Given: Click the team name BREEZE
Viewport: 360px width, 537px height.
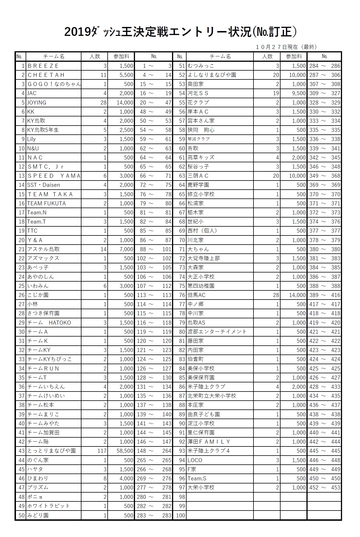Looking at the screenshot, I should pyautogui.click(x=43, y=66).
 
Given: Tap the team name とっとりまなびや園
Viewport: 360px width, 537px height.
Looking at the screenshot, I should pyautogui.click(x=52, y=451).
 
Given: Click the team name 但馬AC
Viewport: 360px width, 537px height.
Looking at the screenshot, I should pyautogui.click(x=197, y=295).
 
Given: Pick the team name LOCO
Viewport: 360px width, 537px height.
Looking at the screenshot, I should pyautogui.click(x=195, y=460).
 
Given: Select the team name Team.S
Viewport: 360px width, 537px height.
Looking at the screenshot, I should pyautogui.click(x=197, y=478).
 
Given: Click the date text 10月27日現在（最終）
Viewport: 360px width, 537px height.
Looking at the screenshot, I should pyautogui.click(x=286, y=47).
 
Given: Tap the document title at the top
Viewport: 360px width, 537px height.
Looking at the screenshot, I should pyautogui.click(x=181, y=32).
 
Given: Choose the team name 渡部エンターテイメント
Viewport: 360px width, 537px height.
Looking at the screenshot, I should pyautogui.click(x=217, y=332).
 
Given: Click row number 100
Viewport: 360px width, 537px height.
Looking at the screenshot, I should pyautogui.click(x=181, y=515).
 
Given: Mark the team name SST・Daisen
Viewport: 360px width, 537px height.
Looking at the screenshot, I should pyautogui.click(x=44, y=185).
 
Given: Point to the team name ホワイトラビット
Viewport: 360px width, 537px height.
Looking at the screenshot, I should pyautogui.click(x=48, y=506).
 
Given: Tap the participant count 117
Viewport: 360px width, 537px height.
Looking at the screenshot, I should pyautogui.click(x=102, y=451).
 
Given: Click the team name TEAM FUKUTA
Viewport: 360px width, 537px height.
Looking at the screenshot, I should pyautogui.click(x=46, y=203).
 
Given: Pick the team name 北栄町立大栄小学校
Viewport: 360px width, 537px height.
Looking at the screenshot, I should pyautogui.click(x=212, y=396).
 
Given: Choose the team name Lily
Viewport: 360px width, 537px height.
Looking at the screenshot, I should pyautogui.click(x=31, y=139).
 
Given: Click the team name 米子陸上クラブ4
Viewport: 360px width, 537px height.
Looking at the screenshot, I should pyautogui.click(x=209, y=451).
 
